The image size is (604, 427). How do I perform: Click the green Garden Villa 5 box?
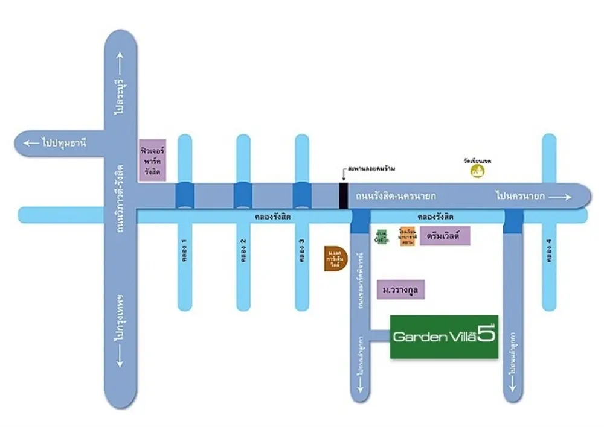444,337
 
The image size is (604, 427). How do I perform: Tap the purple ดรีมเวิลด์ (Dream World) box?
445,235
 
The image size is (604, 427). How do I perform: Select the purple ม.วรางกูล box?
401,290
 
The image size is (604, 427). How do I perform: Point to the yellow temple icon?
478,171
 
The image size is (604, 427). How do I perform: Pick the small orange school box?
406,235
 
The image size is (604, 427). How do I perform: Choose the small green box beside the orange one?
381,236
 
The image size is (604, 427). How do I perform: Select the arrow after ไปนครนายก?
561,196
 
